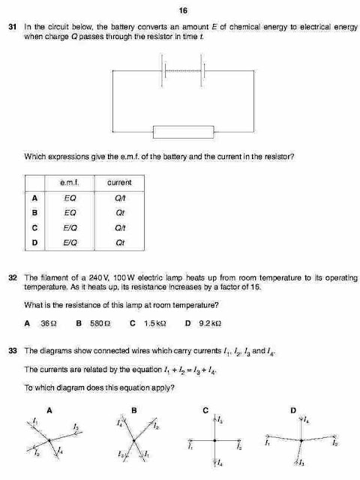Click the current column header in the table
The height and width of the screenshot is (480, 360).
click(119, 182)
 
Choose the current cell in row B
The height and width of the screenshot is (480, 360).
click(119, 212)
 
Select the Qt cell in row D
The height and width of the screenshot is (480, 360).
click(119, 242)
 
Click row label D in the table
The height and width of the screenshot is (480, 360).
click(35, 242)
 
